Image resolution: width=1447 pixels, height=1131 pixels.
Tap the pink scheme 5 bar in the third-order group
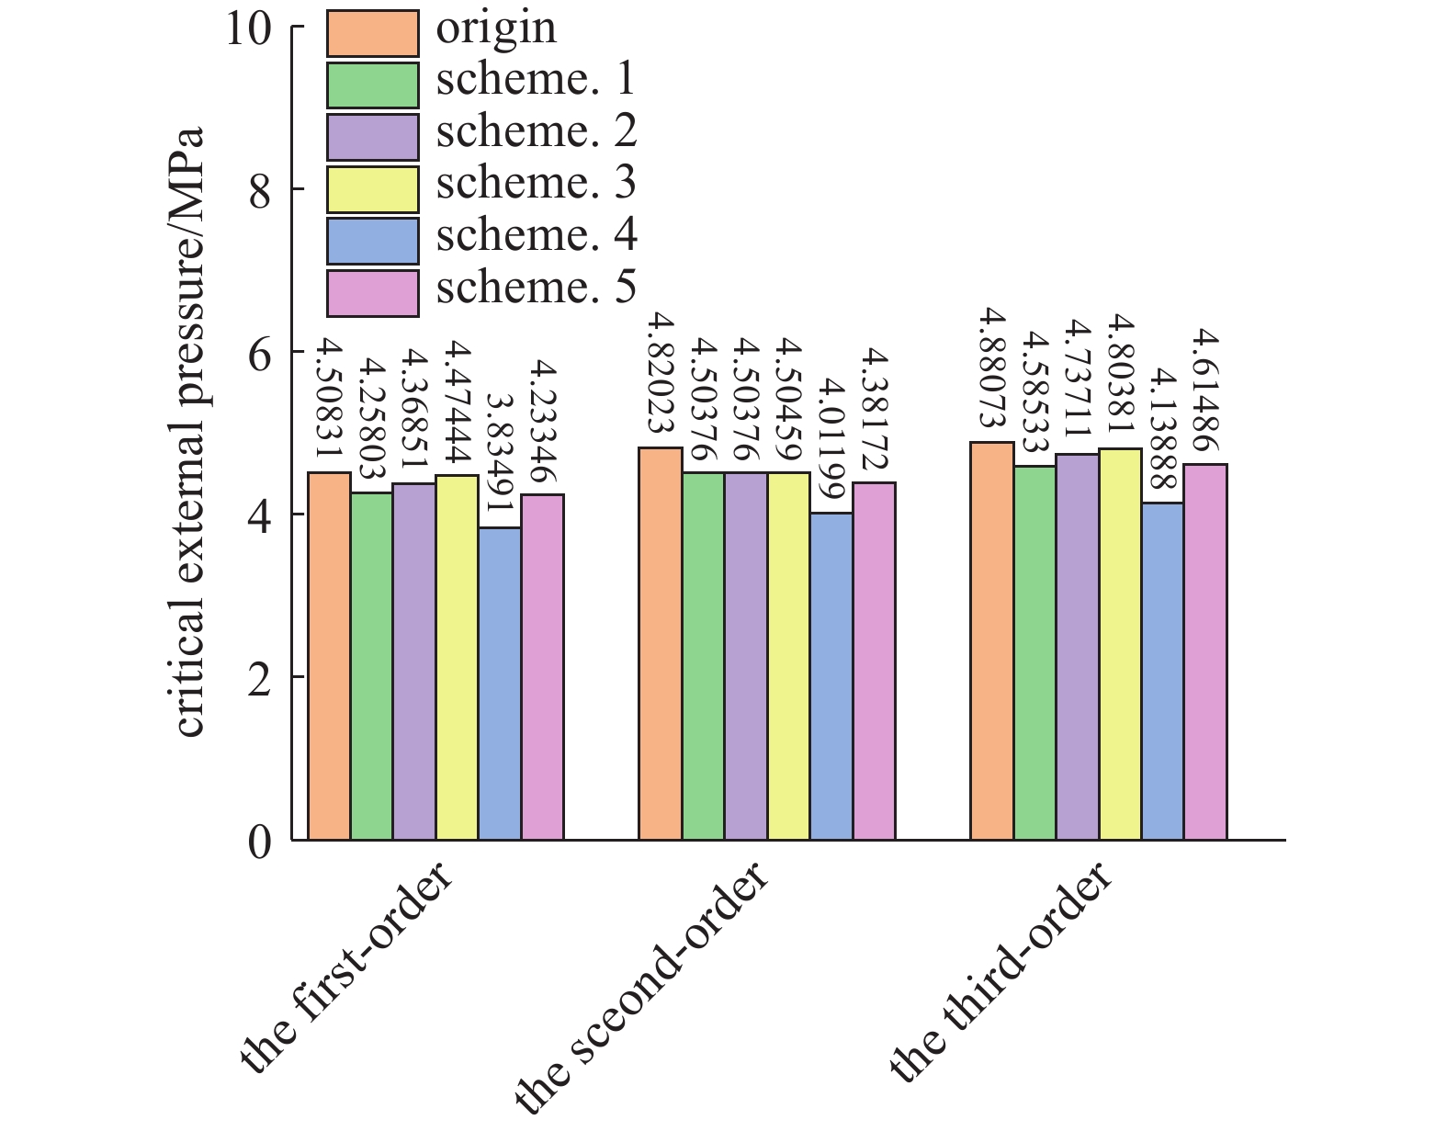[1205, 651]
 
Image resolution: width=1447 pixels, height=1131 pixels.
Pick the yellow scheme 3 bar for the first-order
[457, 657]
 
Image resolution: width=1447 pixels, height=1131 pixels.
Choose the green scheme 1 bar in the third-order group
[1034, 652]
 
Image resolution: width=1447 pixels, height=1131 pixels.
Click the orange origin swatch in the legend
[373, 32]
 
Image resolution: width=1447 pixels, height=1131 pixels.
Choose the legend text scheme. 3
[536, 184]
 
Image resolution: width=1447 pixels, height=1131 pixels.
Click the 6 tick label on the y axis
[260, 353]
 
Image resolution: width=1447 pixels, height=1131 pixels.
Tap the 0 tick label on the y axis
[260, 841]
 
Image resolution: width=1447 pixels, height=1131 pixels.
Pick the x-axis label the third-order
[1001, 975]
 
